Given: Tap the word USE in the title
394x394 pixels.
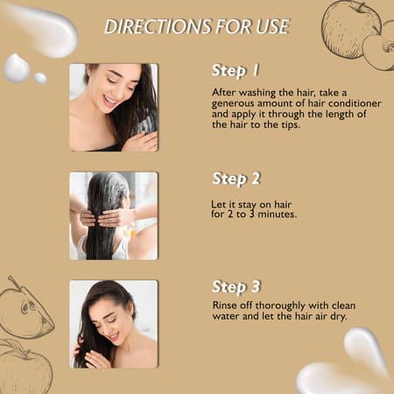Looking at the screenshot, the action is pyautogui.click(x=273, y=26).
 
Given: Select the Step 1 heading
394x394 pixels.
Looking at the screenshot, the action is pyautogui.click(x=236, y=71).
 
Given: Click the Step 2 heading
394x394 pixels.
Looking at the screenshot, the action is pyautogui.click(x=236, y=179).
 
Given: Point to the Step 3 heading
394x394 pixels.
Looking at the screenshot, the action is pyautogui.click(x=236, y=286).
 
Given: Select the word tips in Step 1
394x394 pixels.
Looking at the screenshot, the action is pyautogui.click(x=291, y=125).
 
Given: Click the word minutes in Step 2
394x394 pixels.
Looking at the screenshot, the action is pyautogui.click(x=278, y=215).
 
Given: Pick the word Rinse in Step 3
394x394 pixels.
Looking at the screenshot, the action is pyautogui.click(x=224, y=306).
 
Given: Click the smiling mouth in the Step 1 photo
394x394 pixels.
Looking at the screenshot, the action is pyautogui.click(x=109, y=101).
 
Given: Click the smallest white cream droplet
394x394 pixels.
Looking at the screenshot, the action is pyautogui.click(x=40, y=78).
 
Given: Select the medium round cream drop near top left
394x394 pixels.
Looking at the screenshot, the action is pyautogui.click(x=17, y=68).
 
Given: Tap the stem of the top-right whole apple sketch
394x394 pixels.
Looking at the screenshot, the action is pyautogui.click(x=361, y=6).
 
